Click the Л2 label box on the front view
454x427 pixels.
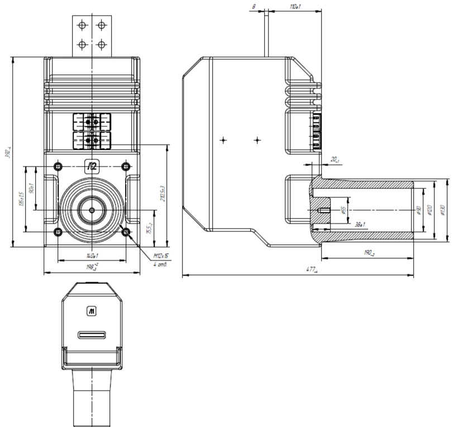(91, 165)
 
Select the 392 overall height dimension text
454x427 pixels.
(7, 152)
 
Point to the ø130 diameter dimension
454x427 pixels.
(442, 210)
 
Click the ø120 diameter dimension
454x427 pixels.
(429, 210)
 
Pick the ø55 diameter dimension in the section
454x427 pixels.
(343, 210)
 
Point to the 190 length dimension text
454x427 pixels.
(369, 253)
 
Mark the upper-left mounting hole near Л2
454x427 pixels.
(57, 166)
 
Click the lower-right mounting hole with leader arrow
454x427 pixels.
(126, 231)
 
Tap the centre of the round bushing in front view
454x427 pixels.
(91, 210)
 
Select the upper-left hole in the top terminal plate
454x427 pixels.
(83, 25)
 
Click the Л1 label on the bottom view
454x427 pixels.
(91, 311)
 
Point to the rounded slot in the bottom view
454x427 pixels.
(91, 335)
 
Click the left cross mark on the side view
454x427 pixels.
(223, 140)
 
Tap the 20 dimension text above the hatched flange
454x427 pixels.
(334, 160)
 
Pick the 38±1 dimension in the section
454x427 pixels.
(360, 225)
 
